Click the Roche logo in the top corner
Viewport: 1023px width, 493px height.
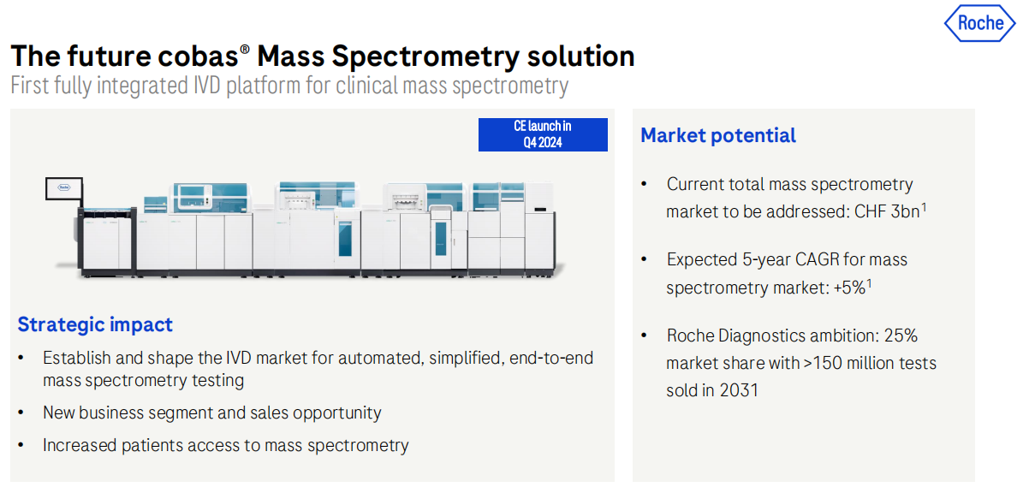980,23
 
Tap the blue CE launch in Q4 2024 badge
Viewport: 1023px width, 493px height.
543,134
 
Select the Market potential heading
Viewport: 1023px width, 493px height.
718,135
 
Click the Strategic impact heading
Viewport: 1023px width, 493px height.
95,324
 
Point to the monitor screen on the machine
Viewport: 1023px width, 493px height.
64,187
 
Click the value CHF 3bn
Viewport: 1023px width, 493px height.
884,212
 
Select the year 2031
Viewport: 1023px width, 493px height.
739,390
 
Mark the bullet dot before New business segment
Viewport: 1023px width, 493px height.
23,413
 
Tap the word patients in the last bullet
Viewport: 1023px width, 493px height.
151,445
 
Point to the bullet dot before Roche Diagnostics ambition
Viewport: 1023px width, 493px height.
645,336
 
